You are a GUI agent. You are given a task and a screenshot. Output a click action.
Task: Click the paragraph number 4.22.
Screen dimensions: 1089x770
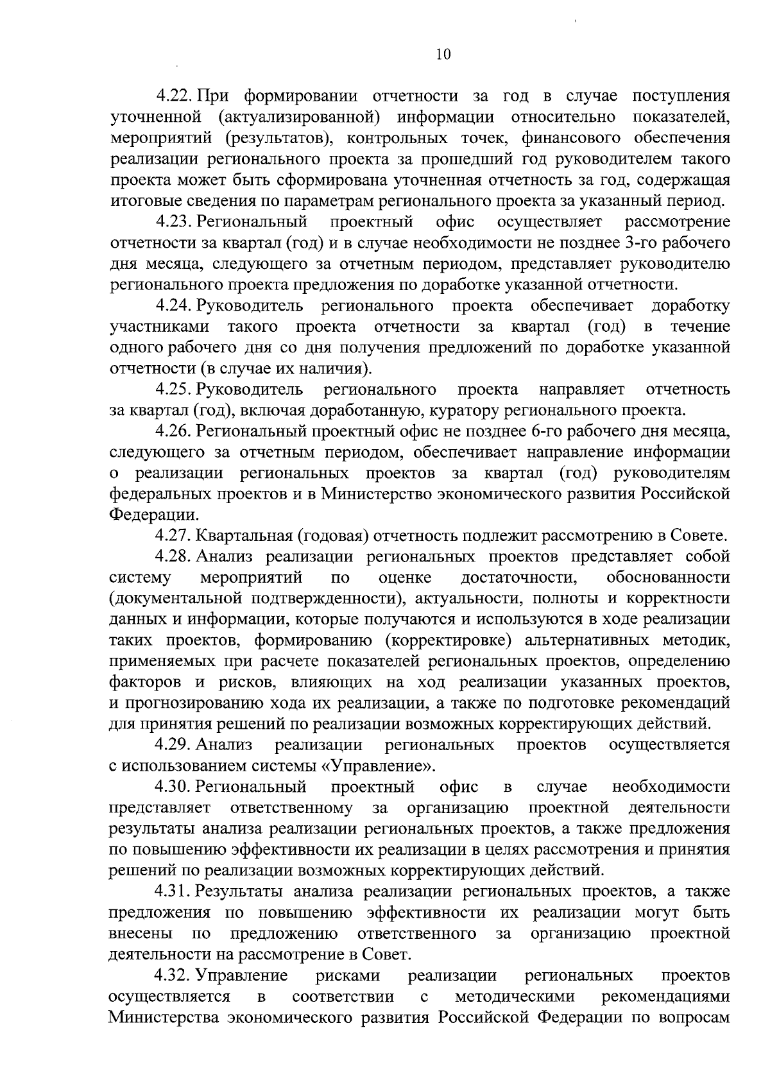(175, 96)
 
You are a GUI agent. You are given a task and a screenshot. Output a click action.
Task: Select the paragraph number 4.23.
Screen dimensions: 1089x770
(175, 222)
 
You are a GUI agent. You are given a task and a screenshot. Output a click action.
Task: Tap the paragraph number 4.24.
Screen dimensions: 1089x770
(175, 305)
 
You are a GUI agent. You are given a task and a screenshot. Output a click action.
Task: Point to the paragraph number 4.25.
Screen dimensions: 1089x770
(175, 390)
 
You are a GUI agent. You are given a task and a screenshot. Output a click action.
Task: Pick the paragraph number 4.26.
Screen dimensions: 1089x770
(175, 431)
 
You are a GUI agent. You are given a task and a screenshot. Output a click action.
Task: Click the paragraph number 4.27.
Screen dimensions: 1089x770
(175, 536)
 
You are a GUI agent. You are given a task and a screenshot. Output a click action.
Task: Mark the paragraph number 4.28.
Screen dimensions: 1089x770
(175, 556)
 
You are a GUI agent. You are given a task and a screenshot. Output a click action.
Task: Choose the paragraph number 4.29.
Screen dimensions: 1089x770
(175, 745)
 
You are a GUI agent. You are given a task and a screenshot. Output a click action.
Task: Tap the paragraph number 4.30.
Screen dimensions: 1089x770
(175, 787)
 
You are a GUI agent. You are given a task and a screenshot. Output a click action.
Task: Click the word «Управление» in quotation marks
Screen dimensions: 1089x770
(388, 766)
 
